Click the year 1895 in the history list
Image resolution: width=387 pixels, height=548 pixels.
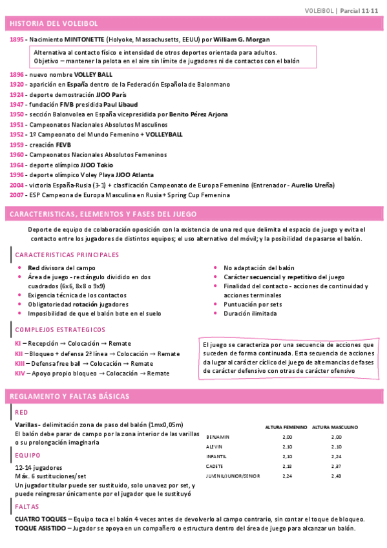click(17, 39)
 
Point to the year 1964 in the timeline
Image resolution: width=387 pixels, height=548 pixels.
click(17, 165)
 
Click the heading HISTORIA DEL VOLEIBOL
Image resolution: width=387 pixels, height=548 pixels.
click(54, 24)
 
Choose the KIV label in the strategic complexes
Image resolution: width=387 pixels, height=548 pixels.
click(19, 374)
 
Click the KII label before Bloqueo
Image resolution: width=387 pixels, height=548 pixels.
click(19, 354)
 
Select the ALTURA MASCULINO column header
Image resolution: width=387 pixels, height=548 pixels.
click(335, 427)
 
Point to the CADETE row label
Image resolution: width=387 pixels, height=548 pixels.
click(214, 466)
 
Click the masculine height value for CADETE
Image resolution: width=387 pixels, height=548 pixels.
click(335, 466)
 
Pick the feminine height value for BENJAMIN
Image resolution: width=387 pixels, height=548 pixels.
click(288, 437)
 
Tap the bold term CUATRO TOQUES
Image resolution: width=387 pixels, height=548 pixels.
click(40, 520)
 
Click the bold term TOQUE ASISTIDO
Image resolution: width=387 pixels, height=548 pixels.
click(40, 529)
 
